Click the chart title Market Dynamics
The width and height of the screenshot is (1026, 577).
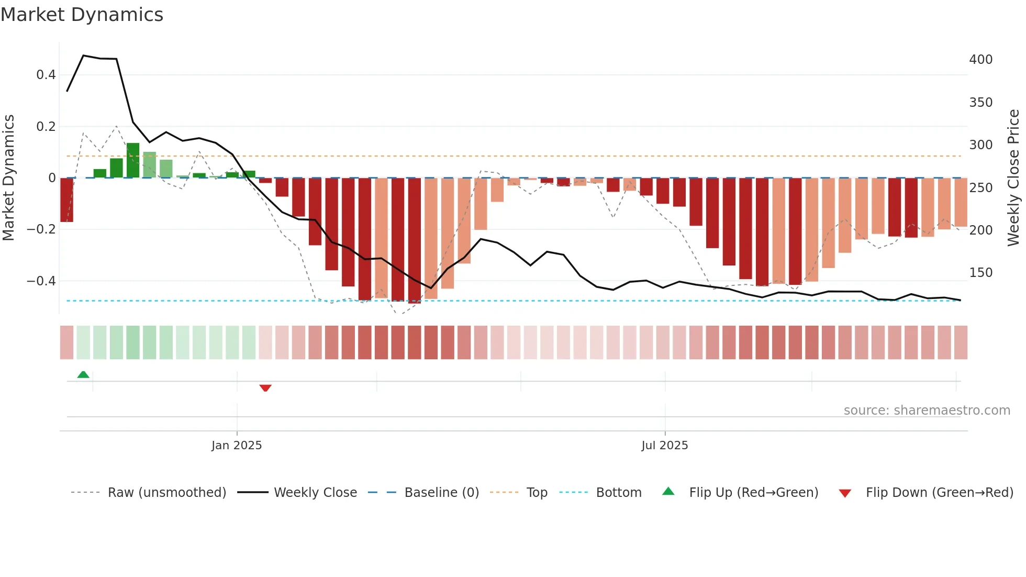pos(82,15)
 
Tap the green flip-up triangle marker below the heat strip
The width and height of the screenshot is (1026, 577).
pos(83,374)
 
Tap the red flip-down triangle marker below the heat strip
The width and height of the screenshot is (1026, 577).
pos(265,388)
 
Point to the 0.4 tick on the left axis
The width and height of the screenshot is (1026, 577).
pos(46,75)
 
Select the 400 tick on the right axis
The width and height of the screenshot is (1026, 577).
pos(980,60)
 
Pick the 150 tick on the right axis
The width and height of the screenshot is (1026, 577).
pos(980,273)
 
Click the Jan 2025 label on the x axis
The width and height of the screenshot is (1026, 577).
pos(237,446)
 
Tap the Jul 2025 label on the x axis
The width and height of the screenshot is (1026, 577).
pos(665,446)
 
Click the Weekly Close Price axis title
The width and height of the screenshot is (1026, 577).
pos(1013,178)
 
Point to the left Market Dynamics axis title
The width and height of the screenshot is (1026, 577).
pos(9,178)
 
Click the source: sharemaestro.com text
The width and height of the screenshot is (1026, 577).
pos(927,410)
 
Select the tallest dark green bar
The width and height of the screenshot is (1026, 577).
pos(133,160)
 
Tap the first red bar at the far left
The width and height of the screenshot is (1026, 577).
pos(66,200)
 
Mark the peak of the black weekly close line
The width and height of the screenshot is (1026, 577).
pos(83,56)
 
